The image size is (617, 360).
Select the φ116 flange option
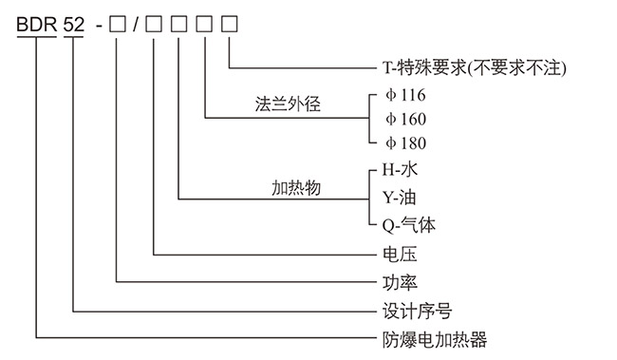tap(405, 95)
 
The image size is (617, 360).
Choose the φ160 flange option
tap(405, 119)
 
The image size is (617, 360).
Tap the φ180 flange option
tap(405, 143)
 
